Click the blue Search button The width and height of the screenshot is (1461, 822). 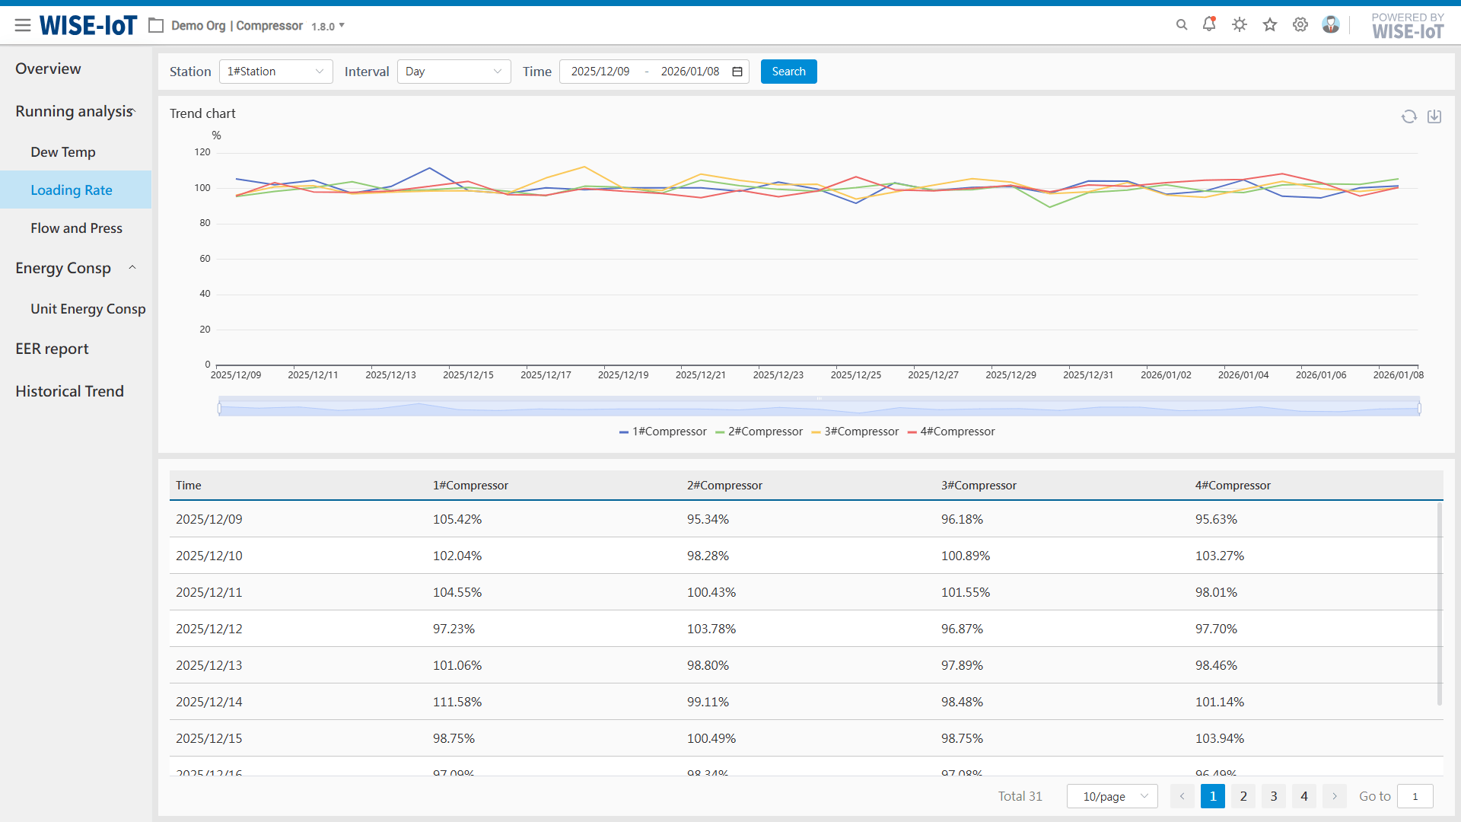coord(788,72)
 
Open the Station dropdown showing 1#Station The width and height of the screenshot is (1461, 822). coord(275,72)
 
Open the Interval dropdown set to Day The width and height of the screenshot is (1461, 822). coord(454,72)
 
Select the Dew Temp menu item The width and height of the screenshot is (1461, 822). coord(63,152)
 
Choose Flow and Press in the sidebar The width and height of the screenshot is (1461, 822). coord(76,228)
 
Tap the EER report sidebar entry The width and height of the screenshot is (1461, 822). coord(52,349)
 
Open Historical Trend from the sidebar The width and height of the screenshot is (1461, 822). coord(69,391)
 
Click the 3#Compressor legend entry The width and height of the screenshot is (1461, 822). coord(855,432)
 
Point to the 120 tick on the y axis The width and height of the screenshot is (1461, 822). coord(202,152)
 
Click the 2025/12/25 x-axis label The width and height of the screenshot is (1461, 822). coord(855,375)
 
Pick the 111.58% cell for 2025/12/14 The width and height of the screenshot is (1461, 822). coord(457,702)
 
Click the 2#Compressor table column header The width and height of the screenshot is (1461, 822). coord(724,486)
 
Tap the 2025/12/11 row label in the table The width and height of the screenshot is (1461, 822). coord(209,592)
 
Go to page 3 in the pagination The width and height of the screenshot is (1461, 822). coord(1274,796)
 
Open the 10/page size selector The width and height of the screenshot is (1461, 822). coord(1112,796)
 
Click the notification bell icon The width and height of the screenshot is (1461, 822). coord(1209,24)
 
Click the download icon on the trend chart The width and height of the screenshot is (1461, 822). coord(1434,116)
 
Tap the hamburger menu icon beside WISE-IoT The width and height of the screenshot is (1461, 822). coord(23,25)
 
